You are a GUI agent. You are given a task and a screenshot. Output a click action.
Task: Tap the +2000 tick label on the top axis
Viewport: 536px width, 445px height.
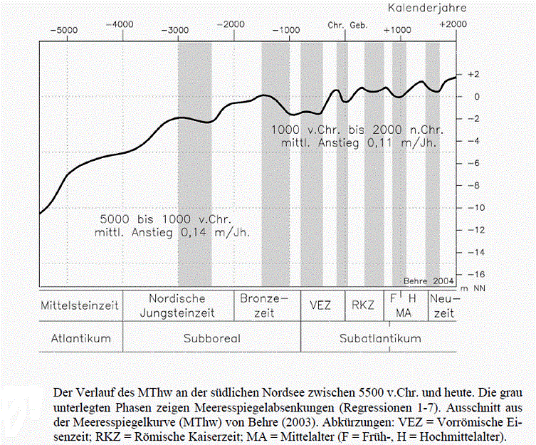click(x=452, y=23)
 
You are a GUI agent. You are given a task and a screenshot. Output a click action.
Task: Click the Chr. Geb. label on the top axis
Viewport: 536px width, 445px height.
click(x=347, y=24)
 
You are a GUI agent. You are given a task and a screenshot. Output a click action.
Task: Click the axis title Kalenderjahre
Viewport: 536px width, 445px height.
click(x=427, y=8)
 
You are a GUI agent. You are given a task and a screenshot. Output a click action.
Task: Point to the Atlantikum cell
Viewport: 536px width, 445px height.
click(x=80, y=338)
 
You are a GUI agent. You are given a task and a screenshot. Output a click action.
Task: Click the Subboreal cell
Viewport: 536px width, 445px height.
click(x=211, y=338)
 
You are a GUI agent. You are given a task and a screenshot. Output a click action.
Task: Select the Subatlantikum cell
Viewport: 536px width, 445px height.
click(x=379, y=338)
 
